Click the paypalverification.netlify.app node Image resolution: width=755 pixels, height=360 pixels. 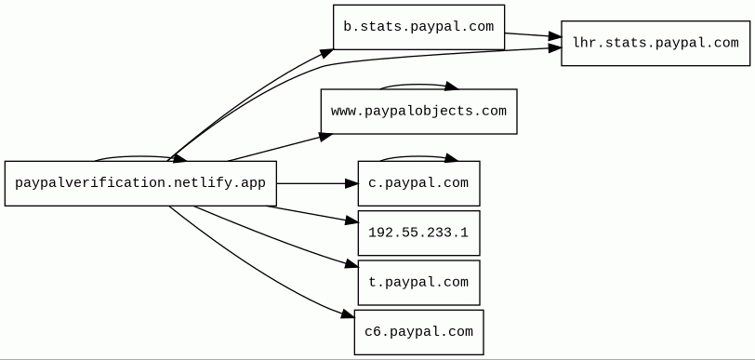(140, 183)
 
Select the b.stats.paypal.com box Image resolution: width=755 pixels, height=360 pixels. (419, 27)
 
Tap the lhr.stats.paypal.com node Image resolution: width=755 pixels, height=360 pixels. (656, 44)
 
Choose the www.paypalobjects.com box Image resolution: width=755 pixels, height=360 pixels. (419, 112)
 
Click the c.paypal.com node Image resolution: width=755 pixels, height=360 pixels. (419, 183)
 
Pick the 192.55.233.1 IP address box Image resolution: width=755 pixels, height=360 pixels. (419, 233)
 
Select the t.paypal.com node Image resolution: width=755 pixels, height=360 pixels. (419, 283)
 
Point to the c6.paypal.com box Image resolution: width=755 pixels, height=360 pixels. (419, 332)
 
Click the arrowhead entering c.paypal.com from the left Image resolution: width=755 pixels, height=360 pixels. (352, 183)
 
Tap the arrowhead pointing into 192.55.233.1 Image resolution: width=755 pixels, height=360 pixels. (352, 220)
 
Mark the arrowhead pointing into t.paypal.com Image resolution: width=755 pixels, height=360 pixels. (352, 264)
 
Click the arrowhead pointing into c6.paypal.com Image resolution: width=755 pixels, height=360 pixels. (348, 314)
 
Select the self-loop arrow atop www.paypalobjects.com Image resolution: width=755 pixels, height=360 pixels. (419, 86)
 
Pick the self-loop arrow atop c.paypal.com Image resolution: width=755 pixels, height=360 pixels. (419, 156)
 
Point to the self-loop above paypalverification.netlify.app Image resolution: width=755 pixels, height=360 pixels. (139, 156)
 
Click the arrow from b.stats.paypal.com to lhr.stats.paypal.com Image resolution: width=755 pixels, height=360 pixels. (533, 34)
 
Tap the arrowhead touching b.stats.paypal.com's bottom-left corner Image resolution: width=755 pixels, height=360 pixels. (327, 53)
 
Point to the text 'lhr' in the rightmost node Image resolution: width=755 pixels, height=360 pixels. (583, 43)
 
